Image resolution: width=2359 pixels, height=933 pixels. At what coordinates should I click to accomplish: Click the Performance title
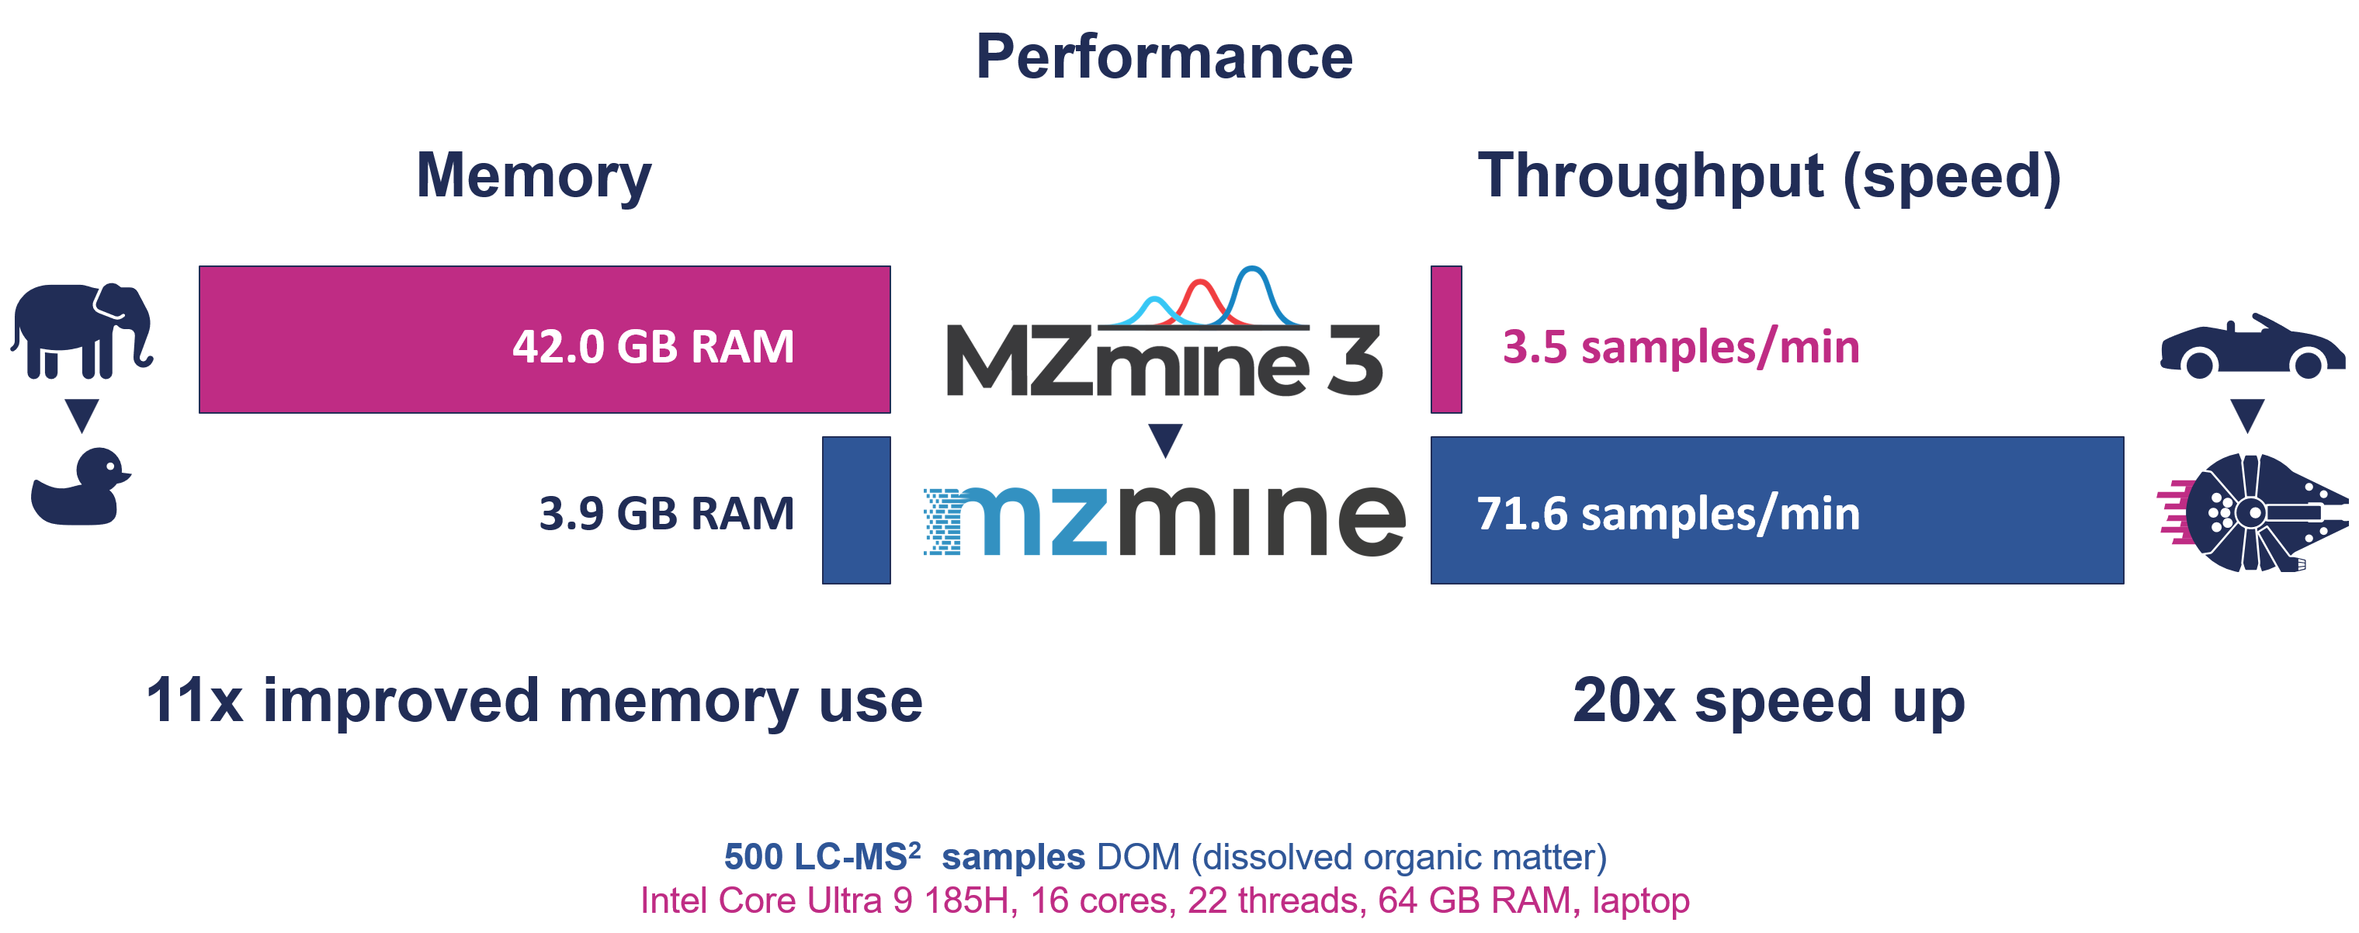(x=1164, y=57)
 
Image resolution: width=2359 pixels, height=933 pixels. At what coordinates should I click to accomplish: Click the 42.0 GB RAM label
(x=653, y=346)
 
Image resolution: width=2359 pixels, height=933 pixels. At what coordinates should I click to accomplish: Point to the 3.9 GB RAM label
(x=666, y=513)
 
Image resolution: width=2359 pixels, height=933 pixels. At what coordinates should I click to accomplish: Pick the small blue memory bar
(x=856, y=510)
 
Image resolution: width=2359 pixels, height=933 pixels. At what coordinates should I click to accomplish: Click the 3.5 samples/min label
(x=1681, y=346)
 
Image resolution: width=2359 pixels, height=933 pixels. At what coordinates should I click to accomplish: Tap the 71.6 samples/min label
(x=1667, y=513)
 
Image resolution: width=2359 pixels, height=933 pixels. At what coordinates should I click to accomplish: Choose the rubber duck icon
(x=81, y=487)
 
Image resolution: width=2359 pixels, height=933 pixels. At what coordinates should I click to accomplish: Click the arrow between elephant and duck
(x=82, y=414)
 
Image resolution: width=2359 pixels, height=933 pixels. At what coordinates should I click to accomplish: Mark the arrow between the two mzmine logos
(x=1165, y=439)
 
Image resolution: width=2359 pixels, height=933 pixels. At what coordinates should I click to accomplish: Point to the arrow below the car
(x=2247, y=414)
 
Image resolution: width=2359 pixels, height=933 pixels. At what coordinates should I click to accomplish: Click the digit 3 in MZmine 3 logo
(x=1355, y=361)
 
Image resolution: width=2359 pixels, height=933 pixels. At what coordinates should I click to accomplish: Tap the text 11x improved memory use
(x=534, y=700)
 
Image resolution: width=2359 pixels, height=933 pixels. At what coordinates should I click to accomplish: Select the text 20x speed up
(x=1768, y=700)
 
